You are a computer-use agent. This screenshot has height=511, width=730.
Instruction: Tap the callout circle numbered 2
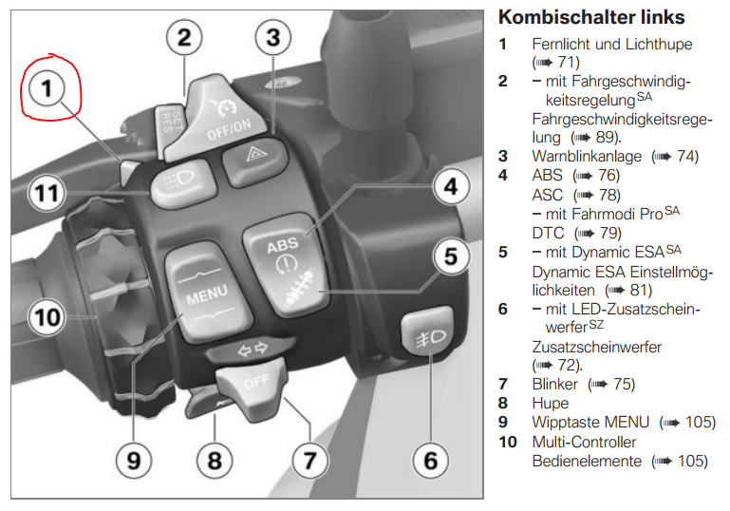(184, 38)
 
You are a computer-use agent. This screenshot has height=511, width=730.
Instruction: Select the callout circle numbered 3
(272, 38)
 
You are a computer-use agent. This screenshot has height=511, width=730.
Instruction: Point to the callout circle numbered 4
(451, 186)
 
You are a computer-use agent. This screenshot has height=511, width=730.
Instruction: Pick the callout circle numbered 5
(451, 255)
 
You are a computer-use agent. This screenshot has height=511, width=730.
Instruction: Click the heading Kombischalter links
(591, 17)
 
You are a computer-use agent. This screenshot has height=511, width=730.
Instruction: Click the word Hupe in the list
(551, 403)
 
